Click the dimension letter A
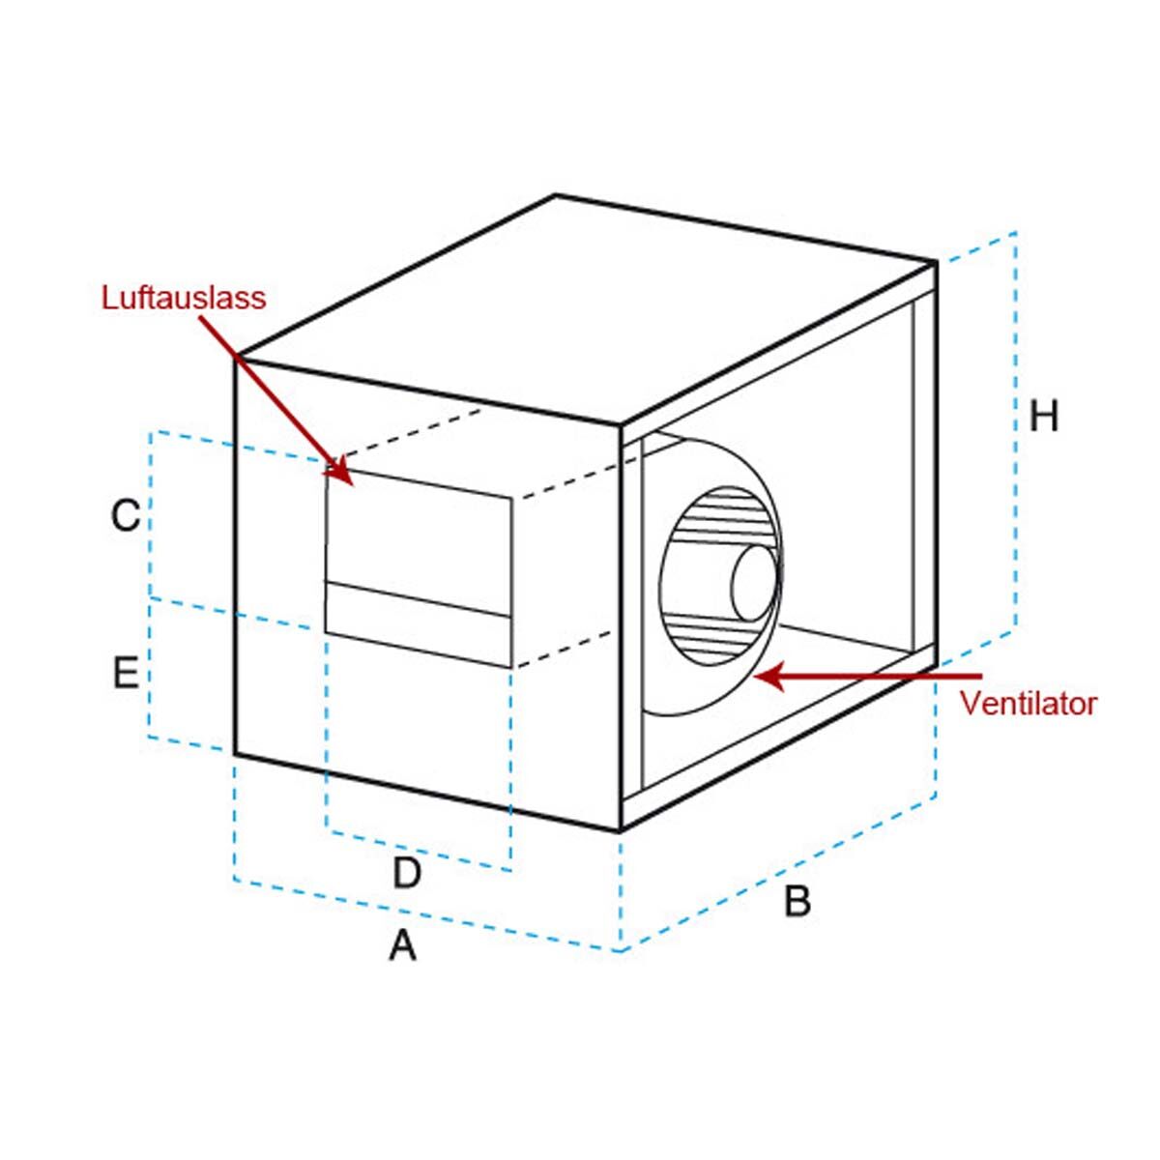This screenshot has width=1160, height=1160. pos(402,944)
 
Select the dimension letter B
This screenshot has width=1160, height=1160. pos(797,901)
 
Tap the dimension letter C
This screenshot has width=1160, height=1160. pos(126,515)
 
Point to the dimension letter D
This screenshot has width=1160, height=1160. pos(407,873)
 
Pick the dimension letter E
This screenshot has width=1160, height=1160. pos(126,673)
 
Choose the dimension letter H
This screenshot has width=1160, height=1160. pos(1044,417)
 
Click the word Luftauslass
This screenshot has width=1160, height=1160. pos(184,297)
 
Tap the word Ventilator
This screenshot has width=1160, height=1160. pos(1029,703)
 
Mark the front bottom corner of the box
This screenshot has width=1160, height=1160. pos(620,830)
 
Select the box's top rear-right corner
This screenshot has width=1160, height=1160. pos(936,261)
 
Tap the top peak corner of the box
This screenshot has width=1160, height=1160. pos(556,195)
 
